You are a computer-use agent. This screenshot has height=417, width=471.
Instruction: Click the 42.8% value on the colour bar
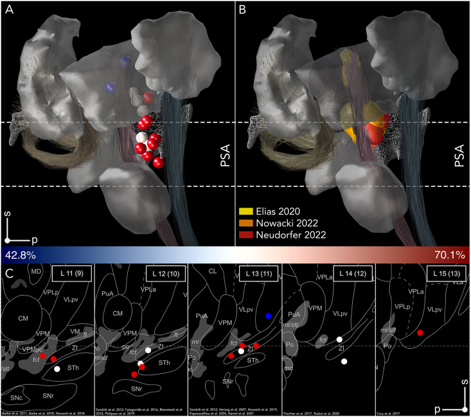pyautogui.click(x=21, y=254)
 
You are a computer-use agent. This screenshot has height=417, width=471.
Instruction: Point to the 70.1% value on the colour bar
pyautogui.click(x=449, y=254)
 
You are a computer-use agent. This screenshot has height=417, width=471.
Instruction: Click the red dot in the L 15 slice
pyautogui.click(x=420, y=333)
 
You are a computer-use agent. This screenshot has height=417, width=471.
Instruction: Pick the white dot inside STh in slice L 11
pyautogui.click(x=57, y=369)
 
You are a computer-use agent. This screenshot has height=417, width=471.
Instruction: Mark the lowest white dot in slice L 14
pyautogui.click(x=344, y=362)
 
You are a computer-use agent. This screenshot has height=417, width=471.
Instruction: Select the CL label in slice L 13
pyautogui.click(x=211, y=271)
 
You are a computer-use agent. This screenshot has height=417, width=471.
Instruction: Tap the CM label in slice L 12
pyautogui.click(x=117, y=313)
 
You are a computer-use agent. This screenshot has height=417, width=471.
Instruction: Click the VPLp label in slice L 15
pyautogui.click(x=402, y=306)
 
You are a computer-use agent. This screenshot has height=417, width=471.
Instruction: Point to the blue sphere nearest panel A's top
pyautogui.click(x=125, y=62)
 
